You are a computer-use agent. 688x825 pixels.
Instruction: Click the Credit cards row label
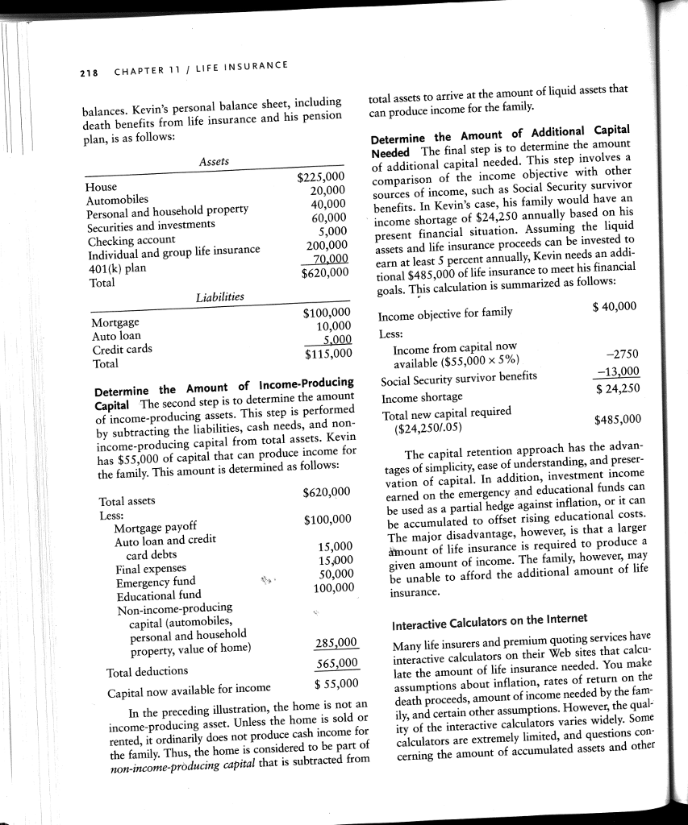point(118,349)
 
